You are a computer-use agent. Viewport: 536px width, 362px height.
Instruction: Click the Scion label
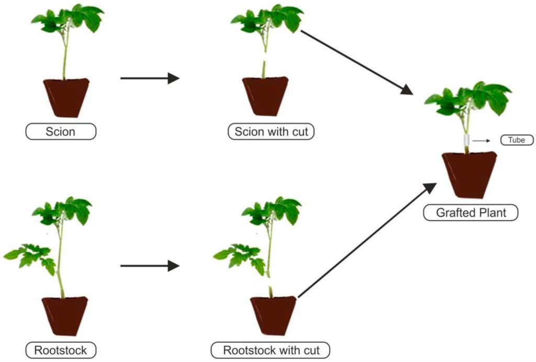coord(61,131)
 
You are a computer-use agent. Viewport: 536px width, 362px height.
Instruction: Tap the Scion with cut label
coord(271,131)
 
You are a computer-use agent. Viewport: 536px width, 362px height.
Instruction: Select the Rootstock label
coord(61,350)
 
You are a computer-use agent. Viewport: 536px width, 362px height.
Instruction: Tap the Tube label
coord(517,140)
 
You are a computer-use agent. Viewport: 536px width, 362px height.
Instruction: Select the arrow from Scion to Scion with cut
coord(149,78)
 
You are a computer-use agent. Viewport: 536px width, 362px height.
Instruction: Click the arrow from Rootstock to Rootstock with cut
coord(149,266)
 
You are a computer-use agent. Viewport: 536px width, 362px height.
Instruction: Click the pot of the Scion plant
coord(66,97)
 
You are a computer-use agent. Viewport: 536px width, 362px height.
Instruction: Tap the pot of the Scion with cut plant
coord(265,96)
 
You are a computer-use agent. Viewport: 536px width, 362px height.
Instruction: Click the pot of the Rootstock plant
coord(65,315)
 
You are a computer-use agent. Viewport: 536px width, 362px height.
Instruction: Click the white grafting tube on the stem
coord(466,141)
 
